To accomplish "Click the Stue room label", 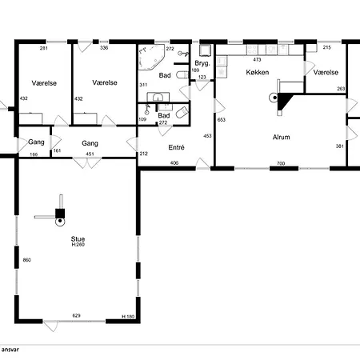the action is pyautogui.click(x=78, y=239).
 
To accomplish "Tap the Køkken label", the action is pyautogui.click(x=258, y=72).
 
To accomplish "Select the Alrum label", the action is pyautogui.click(x=282, y=137).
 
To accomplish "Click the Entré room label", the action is pyautogui.click(x=176, y=147).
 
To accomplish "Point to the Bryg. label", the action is pyautogui.click(x=202, y=63).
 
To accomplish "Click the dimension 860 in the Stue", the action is pyautogui.click(x=27, y=260).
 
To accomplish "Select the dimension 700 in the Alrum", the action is pyautogui.click(x=281, y=163).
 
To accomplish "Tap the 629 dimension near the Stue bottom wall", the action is pyautogui.click(x=77, y=316).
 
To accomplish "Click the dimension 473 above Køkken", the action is pyautogui.click(x=257, y=59).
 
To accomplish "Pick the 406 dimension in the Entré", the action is pyautogui.click(x=174, y=162).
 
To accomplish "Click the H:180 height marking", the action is pyautogui.click(x=128, y=317).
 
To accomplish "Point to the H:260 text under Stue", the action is pyautogui.click(x=78, y=245).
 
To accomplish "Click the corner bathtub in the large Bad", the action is pyautogui.click(x=151, y=57).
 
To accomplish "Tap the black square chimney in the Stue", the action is pyautogui.click(x=60, y=214).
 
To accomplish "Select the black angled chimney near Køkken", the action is pyautogui.click(x=284, y=102).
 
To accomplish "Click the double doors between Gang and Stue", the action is pyautogui.click(x=87, y=163).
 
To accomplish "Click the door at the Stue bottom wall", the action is pyautogui.click(x=50, y=326).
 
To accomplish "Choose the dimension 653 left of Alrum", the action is pyautogui.click(x=222, y=120).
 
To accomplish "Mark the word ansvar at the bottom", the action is pyautogui.click(x=10, y=350).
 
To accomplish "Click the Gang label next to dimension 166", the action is pyautogui.click(x=36, y=142).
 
